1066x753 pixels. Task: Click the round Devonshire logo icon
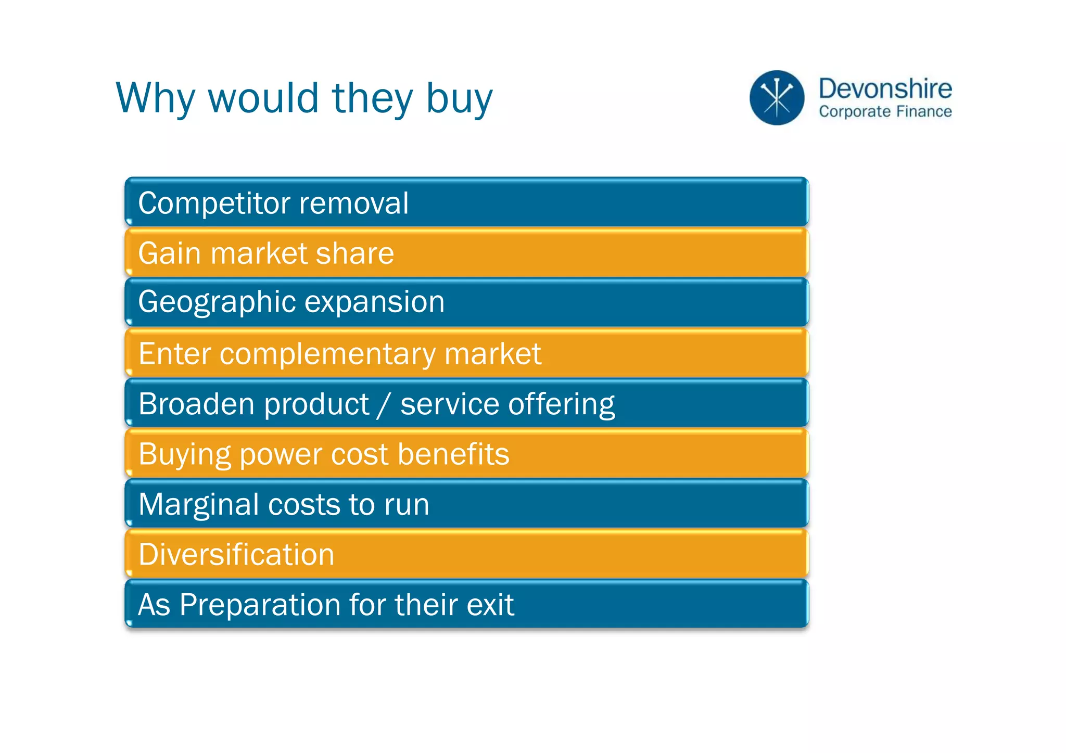(x=777, y=98)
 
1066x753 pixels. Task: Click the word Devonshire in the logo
(x=885, y=88)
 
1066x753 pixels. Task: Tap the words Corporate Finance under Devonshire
(x=885, y=111)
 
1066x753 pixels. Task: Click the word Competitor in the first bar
(x=213, y=203)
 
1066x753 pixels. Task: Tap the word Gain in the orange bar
(x=169, y=253)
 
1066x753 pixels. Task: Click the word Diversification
(x=236, y=554)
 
